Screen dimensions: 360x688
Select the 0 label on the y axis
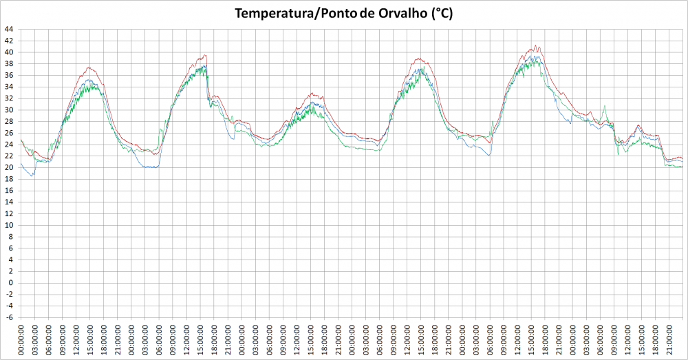click(x=10, y=283)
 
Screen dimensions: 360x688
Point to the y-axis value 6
click(x=10, y=248)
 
